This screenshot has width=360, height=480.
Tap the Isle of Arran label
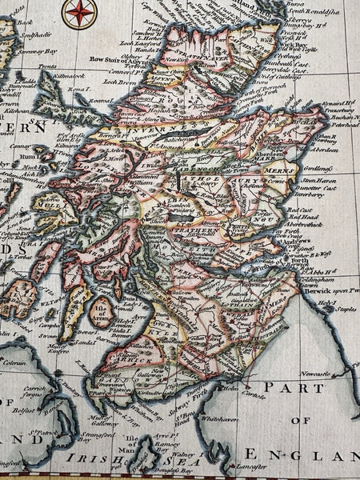point(102,312)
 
